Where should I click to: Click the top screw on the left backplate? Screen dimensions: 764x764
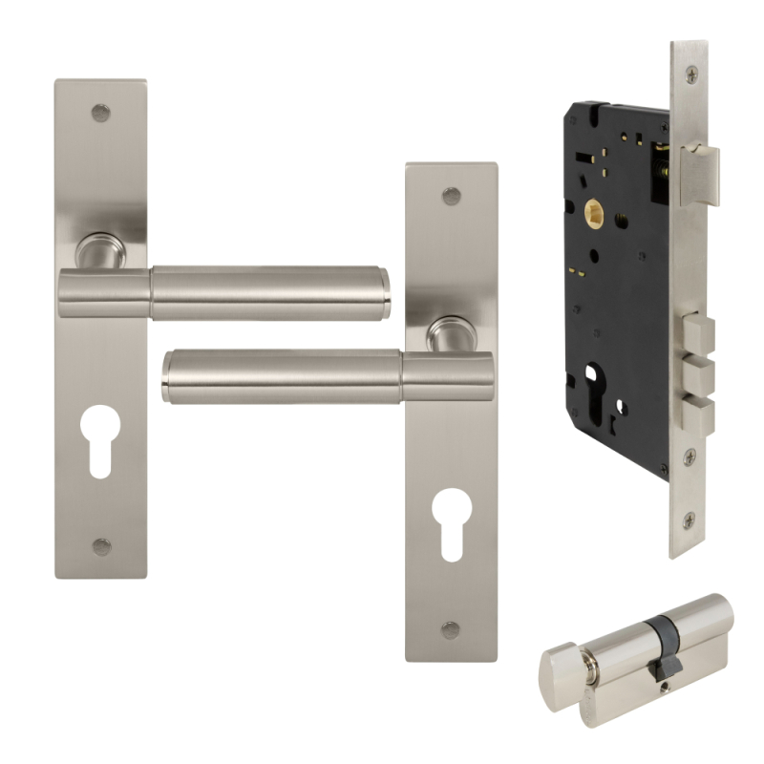(100, 113)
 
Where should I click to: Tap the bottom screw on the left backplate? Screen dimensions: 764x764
(100, 546)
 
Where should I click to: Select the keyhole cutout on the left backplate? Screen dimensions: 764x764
(100, 437)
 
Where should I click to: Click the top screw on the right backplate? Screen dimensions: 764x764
(452, 196)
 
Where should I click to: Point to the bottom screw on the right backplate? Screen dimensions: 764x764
(452, 629)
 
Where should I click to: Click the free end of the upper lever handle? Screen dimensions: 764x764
(382, 293)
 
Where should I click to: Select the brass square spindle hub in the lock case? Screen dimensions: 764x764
(594, 209)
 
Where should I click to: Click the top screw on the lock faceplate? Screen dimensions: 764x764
(690, 74)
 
